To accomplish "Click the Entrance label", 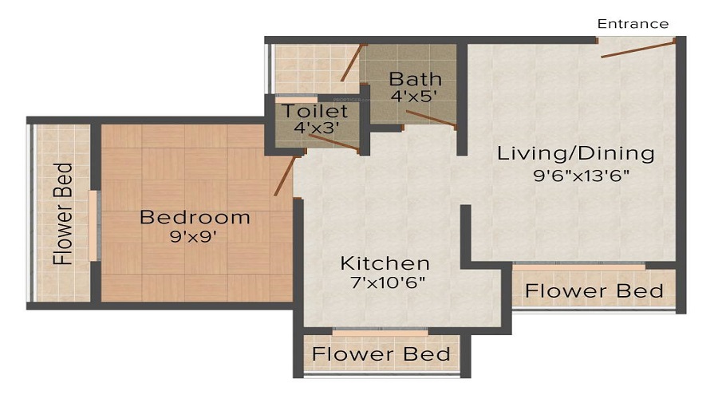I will click(x=633, y=24).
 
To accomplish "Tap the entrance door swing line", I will click(x=637, y=49).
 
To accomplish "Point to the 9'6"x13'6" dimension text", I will click(x=576, y=176).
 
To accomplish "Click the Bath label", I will click(x=415, y=79).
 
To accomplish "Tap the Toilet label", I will click(x=314, y=112).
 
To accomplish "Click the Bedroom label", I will click(x=195, y=217).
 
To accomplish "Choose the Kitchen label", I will click(x=385, y=263).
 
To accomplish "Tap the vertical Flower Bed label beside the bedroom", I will click(x=63, y=214).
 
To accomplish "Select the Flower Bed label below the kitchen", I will click(x=381, y=354).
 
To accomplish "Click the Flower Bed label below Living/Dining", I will click(x=594, y=290).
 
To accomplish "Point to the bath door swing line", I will click(x=431, y=119).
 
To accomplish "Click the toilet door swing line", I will click(x=333, y=142).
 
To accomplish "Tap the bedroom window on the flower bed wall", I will click(x=94, y=224).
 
